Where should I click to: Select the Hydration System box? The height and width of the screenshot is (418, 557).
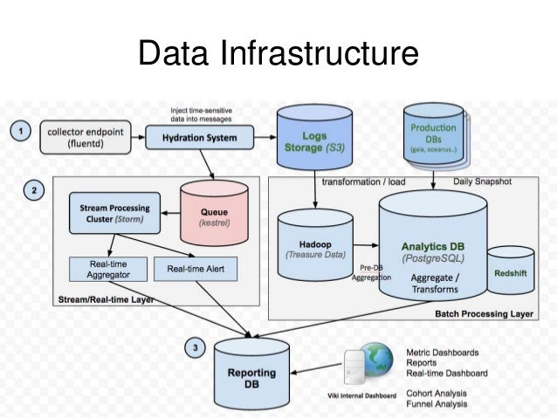[200, 136]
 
